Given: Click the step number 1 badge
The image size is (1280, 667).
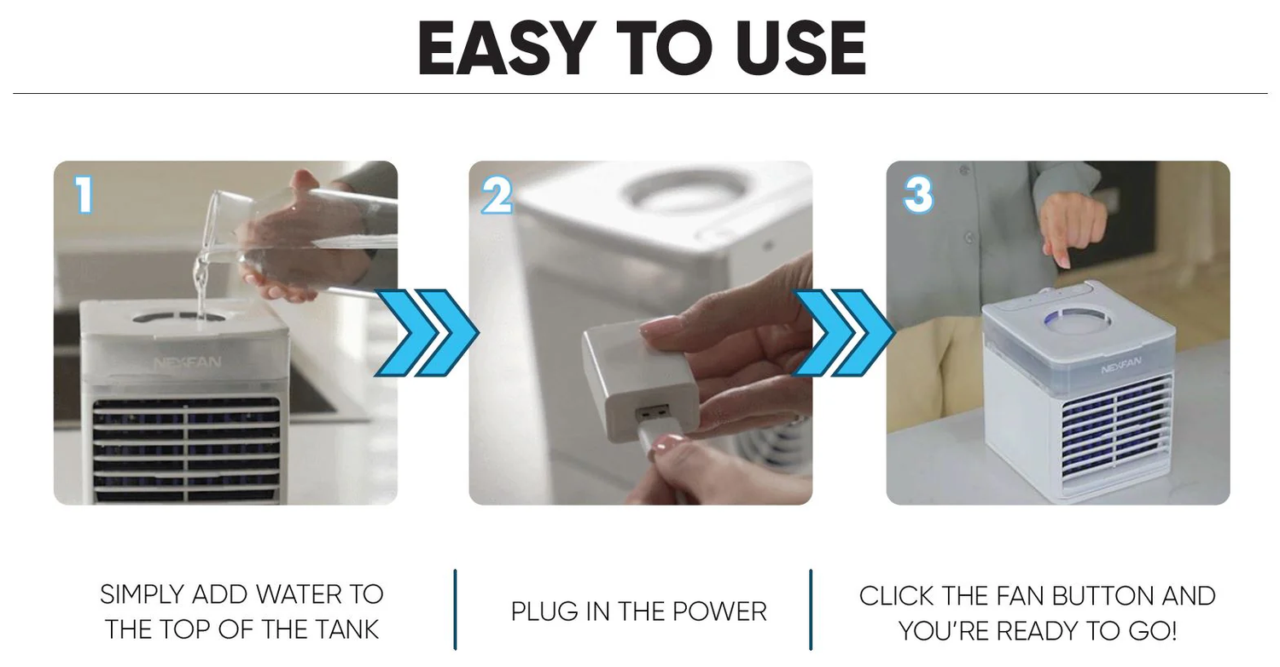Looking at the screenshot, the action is pos(84,195).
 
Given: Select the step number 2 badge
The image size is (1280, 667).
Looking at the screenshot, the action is pos(497,195).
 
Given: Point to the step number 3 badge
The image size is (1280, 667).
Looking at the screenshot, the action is pos(918,195).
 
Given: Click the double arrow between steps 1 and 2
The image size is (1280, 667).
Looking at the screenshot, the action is pos(427,333).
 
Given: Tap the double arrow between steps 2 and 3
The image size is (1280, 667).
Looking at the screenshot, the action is pos(843,333).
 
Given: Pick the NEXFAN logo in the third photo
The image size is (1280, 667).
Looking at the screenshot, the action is pos(1121,365).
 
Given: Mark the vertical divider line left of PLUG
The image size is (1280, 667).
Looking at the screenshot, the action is pos(455,609).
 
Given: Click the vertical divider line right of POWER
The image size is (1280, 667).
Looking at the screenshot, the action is pos(811,609).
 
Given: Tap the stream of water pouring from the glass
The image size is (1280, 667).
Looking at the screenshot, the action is pos(201,286).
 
